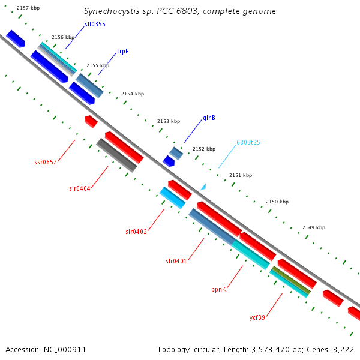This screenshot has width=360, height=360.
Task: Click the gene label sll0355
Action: [95, 24]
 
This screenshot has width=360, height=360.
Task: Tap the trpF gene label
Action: [122, 52]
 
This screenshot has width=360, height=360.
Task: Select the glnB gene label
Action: [209, 118]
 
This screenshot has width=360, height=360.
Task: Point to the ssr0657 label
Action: [46, 162]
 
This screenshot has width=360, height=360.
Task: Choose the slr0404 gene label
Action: [79, 188]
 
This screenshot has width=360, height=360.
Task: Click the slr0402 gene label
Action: [136, 231]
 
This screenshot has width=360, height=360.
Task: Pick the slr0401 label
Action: [176, 261]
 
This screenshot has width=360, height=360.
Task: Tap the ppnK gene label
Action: [218, 289]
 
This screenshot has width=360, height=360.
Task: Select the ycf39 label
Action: [257, 317]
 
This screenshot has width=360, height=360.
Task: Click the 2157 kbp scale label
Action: [28, 8]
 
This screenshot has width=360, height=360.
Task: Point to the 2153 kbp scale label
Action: [169, 121]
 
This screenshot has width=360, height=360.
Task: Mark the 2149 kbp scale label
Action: [313, 227]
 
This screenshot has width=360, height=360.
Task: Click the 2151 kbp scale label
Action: [241, 175]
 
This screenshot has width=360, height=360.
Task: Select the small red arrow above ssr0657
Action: [91, 121]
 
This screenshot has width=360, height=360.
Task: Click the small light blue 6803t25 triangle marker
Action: [203, 187]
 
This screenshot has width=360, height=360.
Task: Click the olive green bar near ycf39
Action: [292, 280]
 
